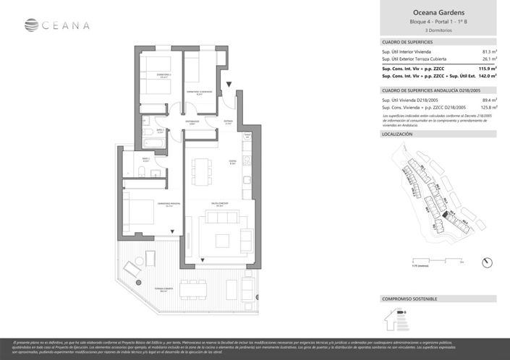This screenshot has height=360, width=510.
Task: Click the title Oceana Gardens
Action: [438, 12]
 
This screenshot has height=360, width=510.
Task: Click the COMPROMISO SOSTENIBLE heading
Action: [409, 299]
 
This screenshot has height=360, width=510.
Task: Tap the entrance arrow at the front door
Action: [229, 85]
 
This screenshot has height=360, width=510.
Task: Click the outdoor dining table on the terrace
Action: [194, 289]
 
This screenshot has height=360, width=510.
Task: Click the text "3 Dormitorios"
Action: [438, 31]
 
